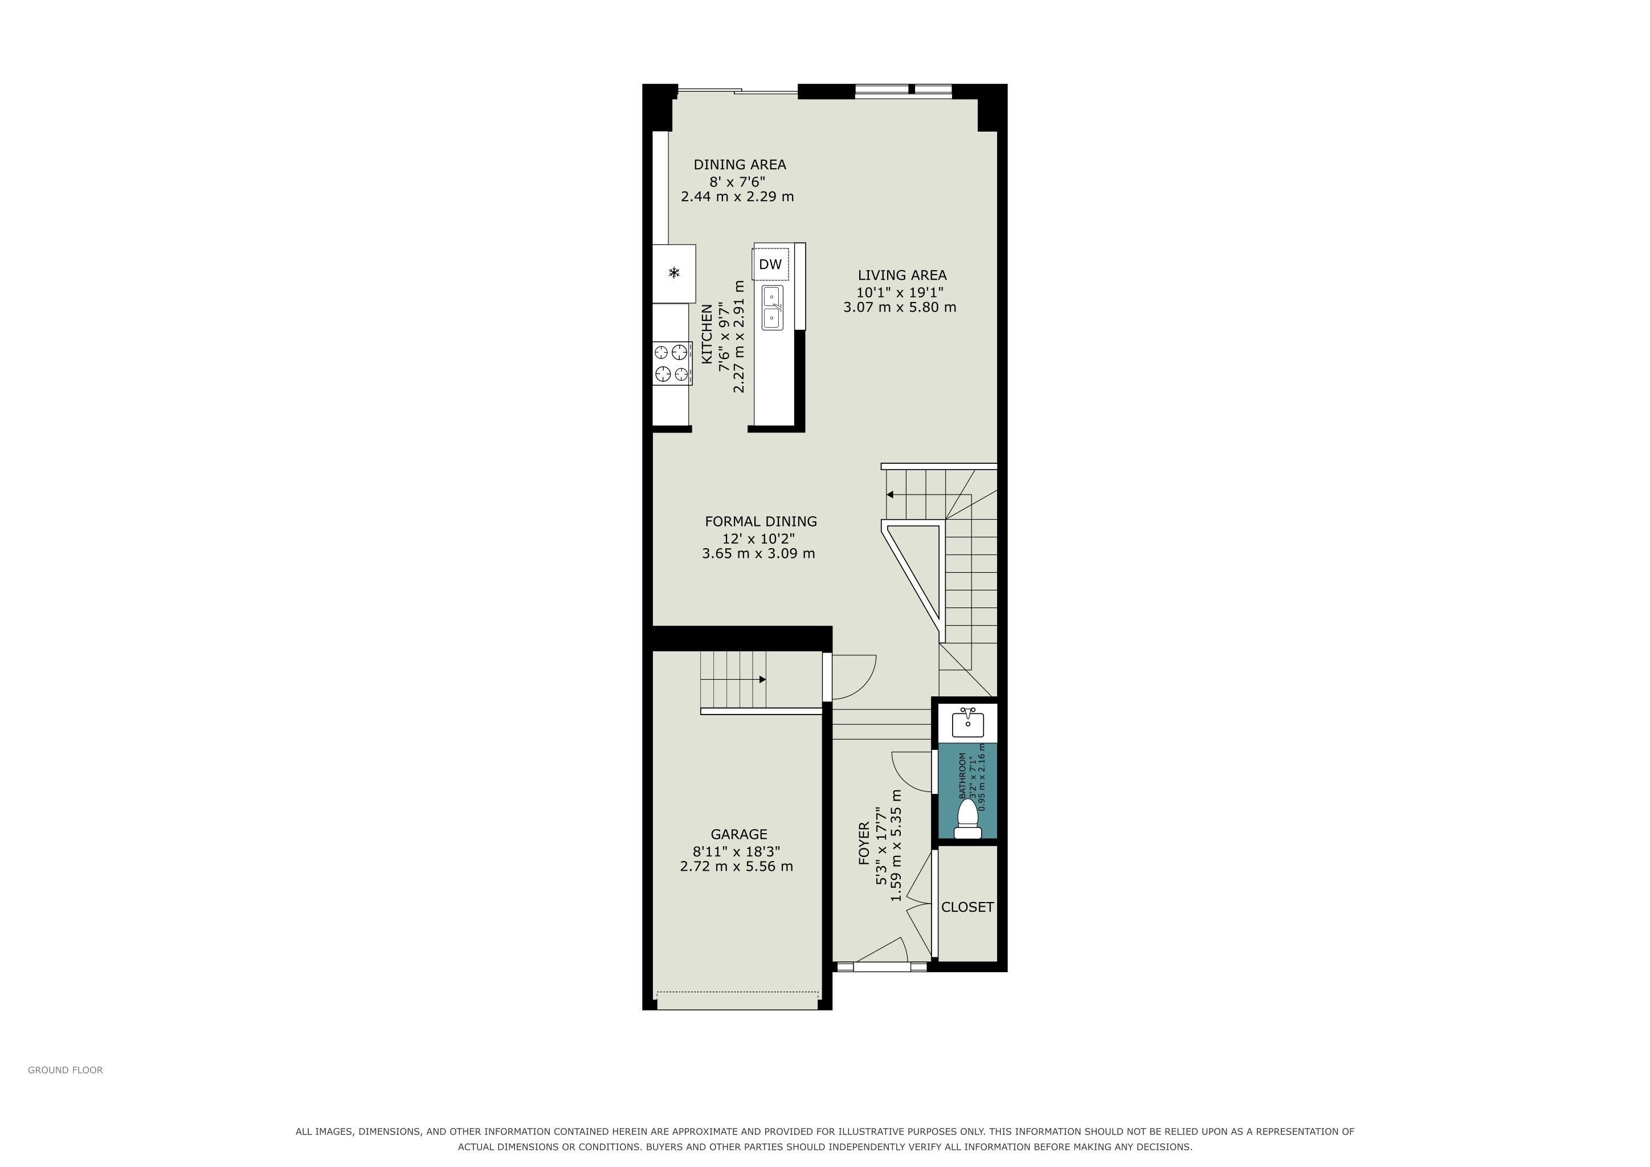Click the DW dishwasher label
point(770,264)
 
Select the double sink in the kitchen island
point(773,308)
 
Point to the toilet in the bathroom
point(967,819)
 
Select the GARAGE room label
point(739,834)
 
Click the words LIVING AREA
point(902,275)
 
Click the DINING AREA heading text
point(740,165)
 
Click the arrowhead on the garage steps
point(762,679)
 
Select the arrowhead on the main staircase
point(890,495)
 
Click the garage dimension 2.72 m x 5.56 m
point(737,867)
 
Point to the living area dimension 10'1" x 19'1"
point(900,292)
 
